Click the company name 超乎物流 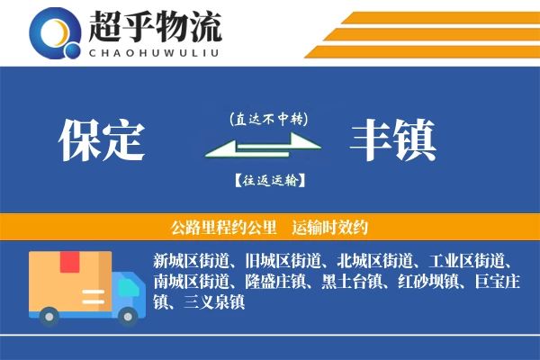point(155,28)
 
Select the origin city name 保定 point(101,139)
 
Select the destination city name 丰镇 point(393,139)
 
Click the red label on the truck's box point(69,263)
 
